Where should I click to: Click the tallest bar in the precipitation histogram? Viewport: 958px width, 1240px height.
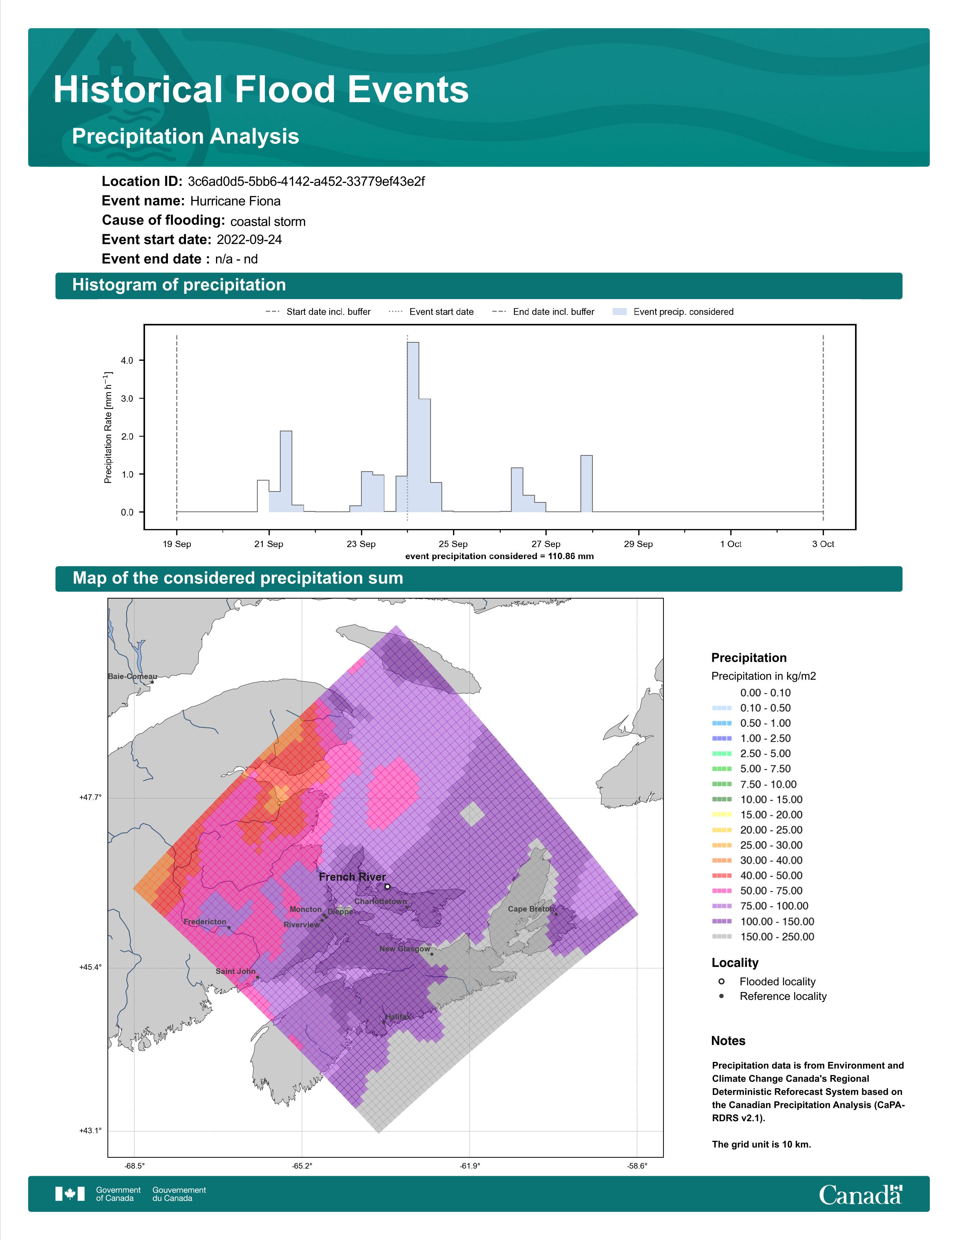(x=413, y=427)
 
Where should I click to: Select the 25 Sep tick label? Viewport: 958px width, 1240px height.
(x=453, y=544)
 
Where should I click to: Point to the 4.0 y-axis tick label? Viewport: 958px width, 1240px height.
(x=127, y=360)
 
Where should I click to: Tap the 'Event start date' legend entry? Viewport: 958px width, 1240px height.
(x=431, y=312)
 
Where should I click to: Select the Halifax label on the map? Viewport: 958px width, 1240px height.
(x=398, y=1017)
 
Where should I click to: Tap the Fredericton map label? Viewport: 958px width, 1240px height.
(x=205, y=921)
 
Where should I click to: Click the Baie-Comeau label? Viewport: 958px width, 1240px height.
(x=132, y=676)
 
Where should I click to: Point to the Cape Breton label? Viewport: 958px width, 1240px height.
(x=530, y=909)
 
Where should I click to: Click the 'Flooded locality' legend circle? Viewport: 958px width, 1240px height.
(x=721, y=981)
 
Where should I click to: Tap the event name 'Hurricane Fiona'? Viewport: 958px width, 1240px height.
(x=235, y=201)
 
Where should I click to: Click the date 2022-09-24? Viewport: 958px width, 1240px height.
(x=249, y=240)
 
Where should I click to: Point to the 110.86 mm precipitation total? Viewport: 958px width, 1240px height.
(x=571, y=556)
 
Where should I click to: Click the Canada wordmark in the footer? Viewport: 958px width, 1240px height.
(x=860, y=1195)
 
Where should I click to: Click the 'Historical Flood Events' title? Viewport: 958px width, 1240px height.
(x=261, y=90)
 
